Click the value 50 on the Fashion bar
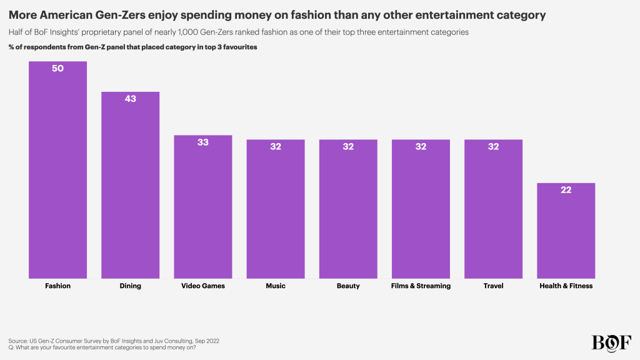tap(57, 68)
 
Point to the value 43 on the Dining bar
tap(130, 99)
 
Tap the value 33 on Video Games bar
tap(203, 142)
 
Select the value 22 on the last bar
tap(566, 190)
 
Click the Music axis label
tap(276, 286)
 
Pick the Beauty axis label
tap(348, 286)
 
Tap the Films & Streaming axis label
tap(421, 286)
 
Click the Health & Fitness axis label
tap(566, 286)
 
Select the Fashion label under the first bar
tap(57, 286)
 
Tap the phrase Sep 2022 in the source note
tap(204, 341)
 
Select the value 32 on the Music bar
tap(276, 146)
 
